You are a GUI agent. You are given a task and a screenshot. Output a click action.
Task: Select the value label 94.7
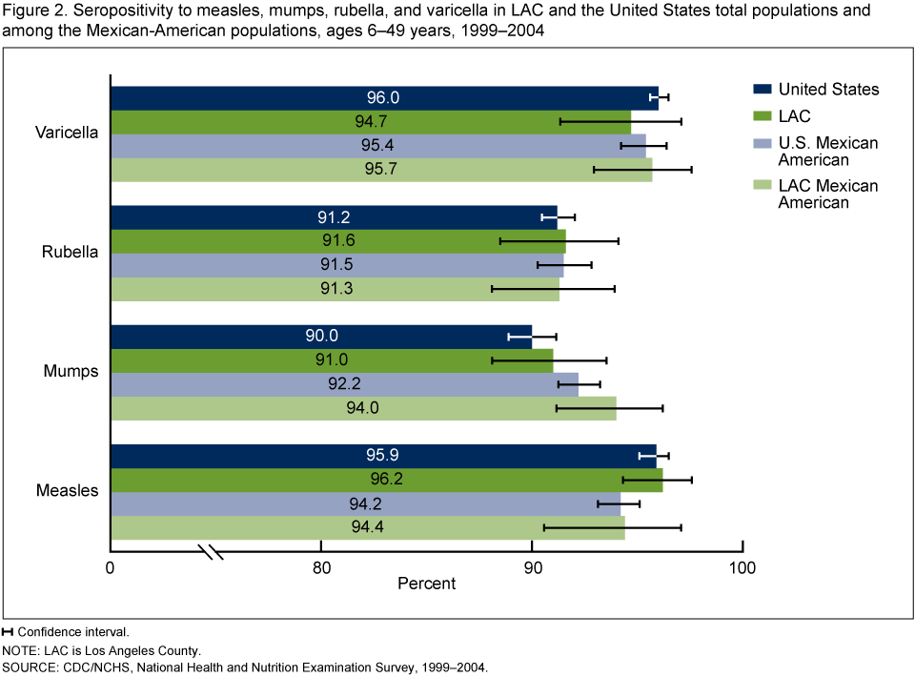tap(370, 122)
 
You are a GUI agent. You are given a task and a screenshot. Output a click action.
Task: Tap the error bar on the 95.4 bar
tap(633, 146)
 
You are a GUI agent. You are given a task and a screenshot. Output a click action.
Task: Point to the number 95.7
tap(380, 170)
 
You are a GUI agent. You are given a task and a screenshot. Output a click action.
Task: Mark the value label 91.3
tap(336, 289)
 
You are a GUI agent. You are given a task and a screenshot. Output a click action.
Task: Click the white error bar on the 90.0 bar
tap(519, 337)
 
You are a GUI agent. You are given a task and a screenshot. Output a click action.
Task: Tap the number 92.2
tap(344, 384)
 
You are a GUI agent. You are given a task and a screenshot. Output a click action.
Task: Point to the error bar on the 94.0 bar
tap(585, 408)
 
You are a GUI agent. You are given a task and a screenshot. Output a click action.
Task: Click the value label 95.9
tap(381, 456)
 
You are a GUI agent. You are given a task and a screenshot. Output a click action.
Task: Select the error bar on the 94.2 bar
tap(609, 503)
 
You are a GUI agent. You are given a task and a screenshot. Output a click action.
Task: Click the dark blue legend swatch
tap(762, 89)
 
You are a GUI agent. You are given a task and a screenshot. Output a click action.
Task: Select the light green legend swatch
tap(762, 185)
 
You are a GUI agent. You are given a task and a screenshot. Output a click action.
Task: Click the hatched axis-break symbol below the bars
tap(210, 551)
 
